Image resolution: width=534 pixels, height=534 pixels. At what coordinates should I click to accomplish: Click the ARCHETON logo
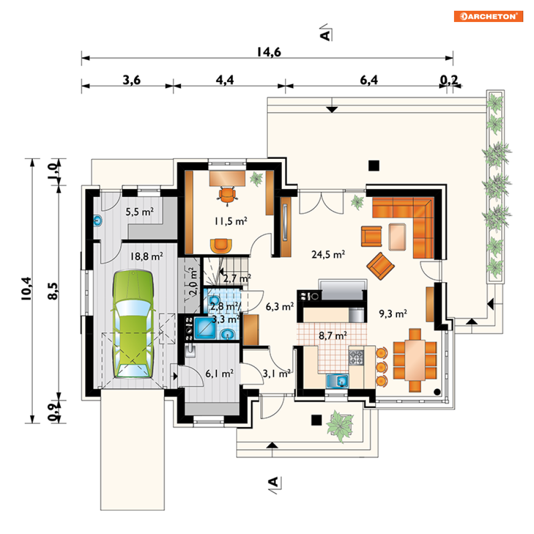pos(488,16)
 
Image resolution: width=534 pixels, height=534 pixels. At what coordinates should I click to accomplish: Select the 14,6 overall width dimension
pos(269,52)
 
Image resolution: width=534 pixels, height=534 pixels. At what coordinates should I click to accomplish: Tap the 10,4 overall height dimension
pos(26,289)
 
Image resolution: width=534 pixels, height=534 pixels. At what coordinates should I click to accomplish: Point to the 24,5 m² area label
pos(328,254)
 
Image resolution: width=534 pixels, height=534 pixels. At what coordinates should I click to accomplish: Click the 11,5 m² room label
pos(231,221)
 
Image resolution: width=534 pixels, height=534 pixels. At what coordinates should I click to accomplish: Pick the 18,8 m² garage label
pos(147,256)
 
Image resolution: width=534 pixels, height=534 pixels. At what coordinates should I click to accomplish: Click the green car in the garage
pos(133,324)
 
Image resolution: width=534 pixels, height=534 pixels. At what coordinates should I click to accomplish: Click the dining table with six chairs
pos(415,360)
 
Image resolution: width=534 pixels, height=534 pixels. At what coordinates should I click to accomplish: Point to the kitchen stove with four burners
pos(356,357)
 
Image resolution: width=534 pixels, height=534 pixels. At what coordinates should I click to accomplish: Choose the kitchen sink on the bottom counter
pos(337,381)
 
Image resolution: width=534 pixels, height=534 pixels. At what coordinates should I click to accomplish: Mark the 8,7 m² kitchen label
pos(333,336)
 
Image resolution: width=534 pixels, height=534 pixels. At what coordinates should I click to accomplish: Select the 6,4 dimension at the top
pos(369,80)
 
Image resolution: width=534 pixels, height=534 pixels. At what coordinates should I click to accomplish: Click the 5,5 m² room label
pos(140,212)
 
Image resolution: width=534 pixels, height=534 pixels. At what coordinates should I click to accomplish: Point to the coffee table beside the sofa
pos(397,237)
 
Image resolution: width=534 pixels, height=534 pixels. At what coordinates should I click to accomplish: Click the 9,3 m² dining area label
pos(393,313)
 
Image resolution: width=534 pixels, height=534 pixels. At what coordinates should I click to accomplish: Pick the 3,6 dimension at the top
pos(131,80)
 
